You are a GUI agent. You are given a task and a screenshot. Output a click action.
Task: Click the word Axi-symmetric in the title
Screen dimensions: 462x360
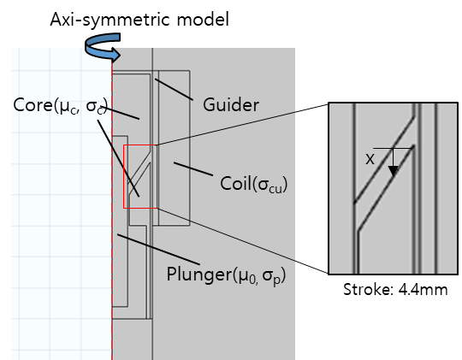coord(110,20)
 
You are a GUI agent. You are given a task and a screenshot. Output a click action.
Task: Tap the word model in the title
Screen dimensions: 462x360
coord(203,20)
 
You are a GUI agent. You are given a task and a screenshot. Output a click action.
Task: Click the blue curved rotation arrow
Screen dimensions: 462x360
coord(104,47)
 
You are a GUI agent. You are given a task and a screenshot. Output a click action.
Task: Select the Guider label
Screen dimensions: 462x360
coord(231,105)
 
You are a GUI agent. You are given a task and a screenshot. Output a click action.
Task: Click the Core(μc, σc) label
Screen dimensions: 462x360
coord(61,105)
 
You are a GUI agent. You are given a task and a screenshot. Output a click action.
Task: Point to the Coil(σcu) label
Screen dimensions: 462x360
coord(254,184)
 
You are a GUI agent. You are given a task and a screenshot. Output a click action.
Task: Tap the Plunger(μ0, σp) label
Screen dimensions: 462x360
coord(226,274)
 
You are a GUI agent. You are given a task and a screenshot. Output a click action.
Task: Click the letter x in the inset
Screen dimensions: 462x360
coord(370,159)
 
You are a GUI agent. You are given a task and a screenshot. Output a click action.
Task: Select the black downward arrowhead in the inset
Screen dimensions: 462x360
coord(394,171)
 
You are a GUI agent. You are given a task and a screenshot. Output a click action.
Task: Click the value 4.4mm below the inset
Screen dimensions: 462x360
coord(423,290)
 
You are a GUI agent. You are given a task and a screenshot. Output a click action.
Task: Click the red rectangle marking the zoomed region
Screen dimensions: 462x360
coord(124,177)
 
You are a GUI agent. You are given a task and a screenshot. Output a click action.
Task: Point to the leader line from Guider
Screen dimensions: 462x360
coord(174,90)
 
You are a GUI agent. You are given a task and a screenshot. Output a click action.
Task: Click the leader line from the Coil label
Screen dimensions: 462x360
coord(193,168)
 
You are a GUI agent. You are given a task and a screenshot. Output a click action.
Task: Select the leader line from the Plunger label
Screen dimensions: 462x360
coord(158,249)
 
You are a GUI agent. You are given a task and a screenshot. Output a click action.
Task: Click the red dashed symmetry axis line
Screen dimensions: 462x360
coord(112,206)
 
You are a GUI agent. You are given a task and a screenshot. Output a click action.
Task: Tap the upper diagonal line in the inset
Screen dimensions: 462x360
coord(384,160)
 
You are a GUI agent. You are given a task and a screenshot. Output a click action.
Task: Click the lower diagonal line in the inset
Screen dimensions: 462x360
coord(386,187)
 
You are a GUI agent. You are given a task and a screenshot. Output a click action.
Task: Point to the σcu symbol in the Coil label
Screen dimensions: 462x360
coord(270,186)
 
